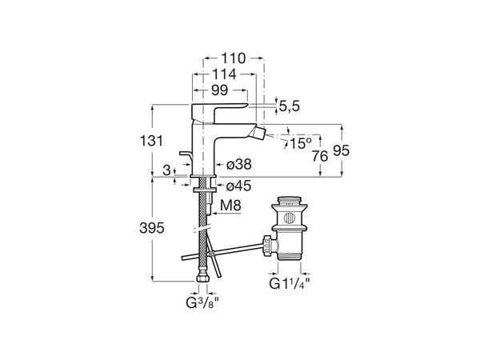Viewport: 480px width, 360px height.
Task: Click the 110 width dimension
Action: click(234, 58)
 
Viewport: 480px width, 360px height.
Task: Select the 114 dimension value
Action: click(224, 74)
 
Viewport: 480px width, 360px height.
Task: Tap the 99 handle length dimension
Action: click(219, 90)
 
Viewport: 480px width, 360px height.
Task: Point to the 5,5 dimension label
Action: click(290, 106)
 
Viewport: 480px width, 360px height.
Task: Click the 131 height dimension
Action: click(151, 141)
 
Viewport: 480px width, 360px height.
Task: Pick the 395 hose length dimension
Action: click(152, 228)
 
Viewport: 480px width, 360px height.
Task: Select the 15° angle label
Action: click(301, 143)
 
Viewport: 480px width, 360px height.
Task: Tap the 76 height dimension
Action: click(320, 157)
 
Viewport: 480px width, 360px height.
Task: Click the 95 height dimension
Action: click(341, 150)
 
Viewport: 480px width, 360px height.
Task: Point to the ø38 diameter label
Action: click(239, 164)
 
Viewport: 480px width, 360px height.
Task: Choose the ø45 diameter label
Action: click(238, 186)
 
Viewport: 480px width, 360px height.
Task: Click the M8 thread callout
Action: click(230, 206)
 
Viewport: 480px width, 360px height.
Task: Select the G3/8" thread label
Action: click(202, 303)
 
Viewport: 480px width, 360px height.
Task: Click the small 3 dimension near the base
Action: click(166, 170)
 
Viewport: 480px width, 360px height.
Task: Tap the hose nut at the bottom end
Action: click(203, 278)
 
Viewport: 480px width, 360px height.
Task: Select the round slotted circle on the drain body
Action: click(290, 218)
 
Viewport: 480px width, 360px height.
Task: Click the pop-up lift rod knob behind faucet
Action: click(186, 154)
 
